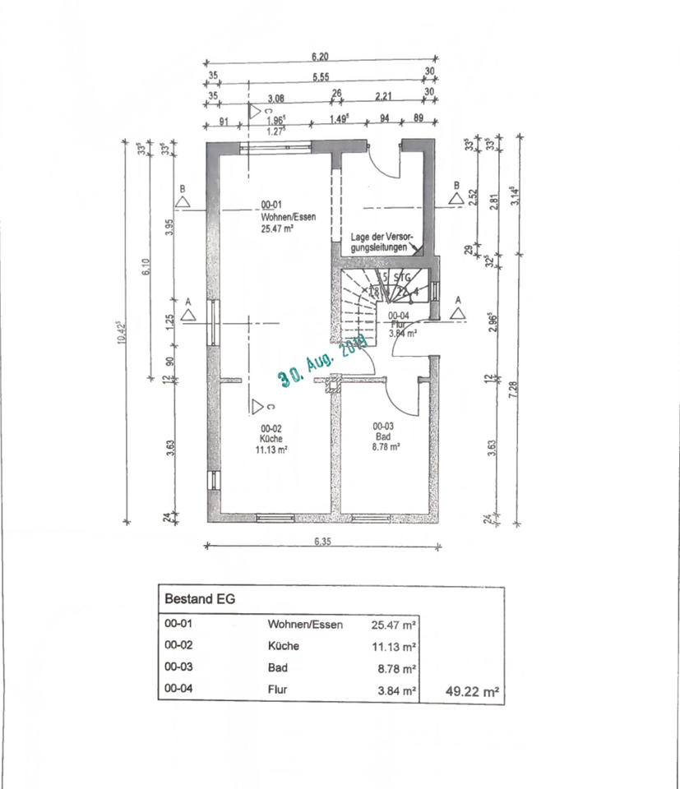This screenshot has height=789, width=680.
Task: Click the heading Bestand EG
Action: (201, 599)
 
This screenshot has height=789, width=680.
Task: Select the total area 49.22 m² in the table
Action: (472, 693)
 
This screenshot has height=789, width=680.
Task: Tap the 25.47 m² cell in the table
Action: (394, 625)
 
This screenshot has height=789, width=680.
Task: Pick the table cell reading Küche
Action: (283, 646)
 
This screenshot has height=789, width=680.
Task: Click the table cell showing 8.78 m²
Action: (396, 668)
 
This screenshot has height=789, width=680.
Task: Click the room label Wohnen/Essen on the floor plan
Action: (276, 219)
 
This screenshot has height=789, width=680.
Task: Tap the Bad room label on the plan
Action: (383, 436)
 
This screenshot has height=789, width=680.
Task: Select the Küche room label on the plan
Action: (272, 439)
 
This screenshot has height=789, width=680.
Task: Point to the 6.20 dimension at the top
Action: (320, 57)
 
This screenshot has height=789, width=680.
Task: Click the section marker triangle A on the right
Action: (457, 312)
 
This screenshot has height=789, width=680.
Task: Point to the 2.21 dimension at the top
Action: (382, 96)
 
